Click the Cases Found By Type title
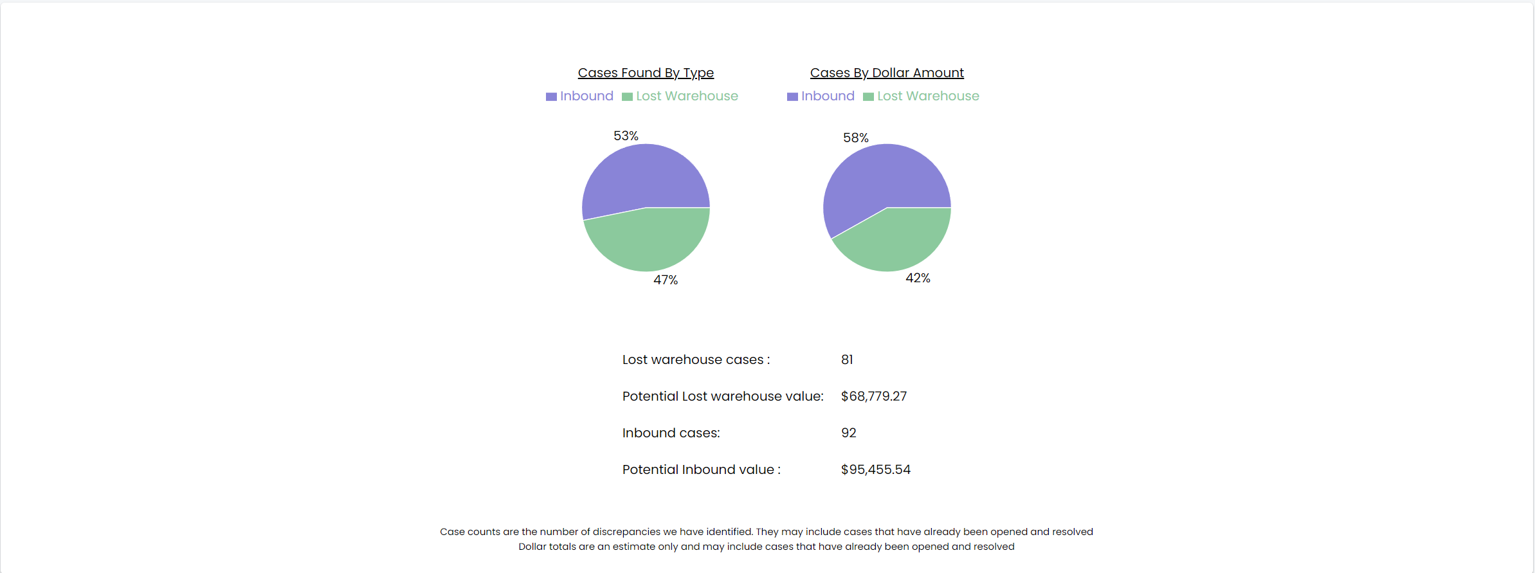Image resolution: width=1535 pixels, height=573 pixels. (x=646, y=73)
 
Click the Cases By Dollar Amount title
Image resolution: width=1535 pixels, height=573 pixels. (x=887, y=73)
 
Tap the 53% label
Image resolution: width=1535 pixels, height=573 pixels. (x=626, y=136)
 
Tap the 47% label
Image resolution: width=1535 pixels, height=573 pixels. (x=666, y=280)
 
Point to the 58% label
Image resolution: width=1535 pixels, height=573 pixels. (x=856, y=138)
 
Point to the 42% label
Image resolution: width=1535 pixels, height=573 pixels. (x=918, y=278)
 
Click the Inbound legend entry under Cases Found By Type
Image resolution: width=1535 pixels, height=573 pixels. (x=580, y=96)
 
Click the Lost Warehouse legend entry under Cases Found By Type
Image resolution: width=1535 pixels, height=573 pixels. (x=680, y=96)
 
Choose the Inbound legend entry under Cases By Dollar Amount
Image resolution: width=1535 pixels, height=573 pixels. (x=821, y=96)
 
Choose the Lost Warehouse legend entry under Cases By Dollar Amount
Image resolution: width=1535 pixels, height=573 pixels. (x=922, y=96)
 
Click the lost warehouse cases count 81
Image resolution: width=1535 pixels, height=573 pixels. (x=847, y=359)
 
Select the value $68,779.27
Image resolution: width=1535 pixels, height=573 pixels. (x=874, y=396)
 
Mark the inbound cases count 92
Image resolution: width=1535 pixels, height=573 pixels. (x=848, y=433)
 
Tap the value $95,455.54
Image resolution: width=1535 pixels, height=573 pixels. (x=875, y=469)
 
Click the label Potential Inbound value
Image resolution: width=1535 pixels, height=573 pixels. (x=701, y=469)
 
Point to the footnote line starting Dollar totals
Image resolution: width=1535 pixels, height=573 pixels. (x=767, y=547)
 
